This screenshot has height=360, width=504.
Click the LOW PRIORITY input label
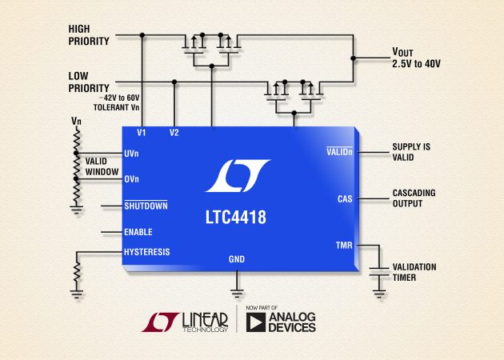[x=88, y=80]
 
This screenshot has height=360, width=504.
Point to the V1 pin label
[x=142, y=133]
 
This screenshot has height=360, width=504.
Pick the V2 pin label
[x=174, y=133]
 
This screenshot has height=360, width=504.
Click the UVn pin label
[x=132, y=152]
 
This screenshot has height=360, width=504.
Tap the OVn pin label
[x=132, y=179]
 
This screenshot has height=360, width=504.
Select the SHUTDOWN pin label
[x=146, y=206]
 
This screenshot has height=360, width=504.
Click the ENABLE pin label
[x=139, y=232]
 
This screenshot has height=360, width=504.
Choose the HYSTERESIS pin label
[x=146, y=252]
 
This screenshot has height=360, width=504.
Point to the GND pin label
[x=238, y=260]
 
